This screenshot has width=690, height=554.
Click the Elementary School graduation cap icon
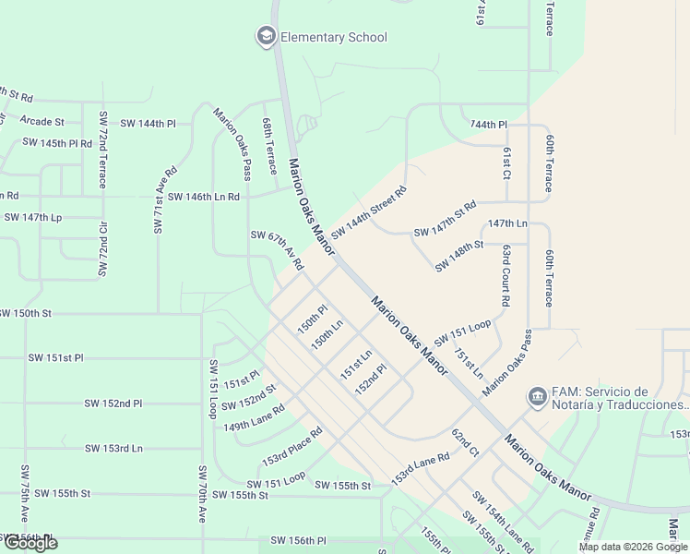coord(267,37)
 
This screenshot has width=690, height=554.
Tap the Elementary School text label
coord(333,38)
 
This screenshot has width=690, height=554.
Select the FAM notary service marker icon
coord(537,397)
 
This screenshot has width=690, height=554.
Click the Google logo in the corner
coord(30,543)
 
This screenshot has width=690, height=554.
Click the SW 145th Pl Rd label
coord(57,143)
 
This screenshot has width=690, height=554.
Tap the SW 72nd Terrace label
coord(102,150)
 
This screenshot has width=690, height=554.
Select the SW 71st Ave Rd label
coord(165,199)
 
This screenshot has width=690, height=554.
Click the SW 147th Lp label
coord(32,217)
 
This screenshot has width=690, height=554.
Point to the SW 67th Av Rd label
coord(277,249)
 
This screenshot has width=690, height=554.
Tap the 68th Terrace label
coord(268,146)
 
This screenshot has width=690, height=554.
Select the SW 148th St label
coord(459,256)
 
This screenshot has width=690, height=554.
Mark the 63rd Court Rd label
coord(506,275)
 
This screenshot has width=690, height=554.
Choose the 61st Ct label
coord(506,162)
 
